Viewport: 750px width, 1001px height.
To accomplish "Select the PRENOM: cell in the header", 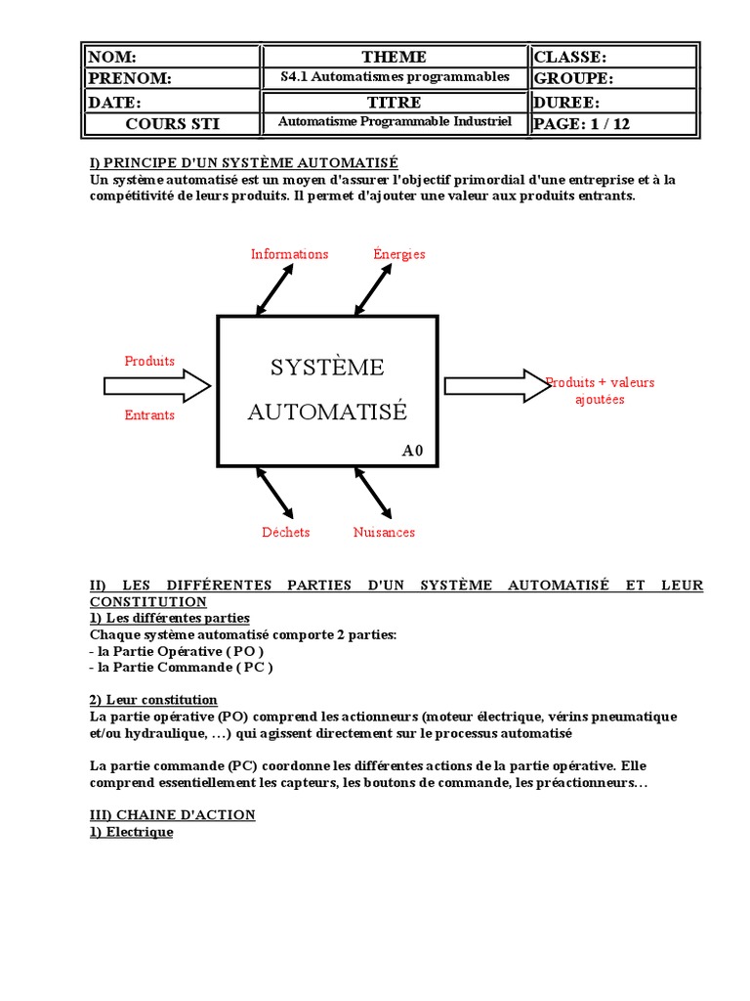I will pos(170,79).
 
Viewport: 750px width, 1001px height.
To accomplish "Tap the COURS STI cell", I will pos(170,123).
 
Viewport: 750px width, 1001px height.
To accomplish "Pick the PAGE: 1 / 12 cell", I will pos(613,123).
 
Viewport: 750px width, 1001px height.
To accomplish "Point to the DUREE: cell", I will pos(613,102).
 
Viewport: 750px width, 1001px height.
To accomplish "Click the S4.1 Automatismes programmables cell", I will pos(394,78).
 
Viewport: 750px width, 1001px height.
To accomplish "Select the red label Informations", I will pos(289,254).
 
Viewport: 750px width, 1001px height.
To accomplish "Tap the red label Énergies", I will pos(399,254).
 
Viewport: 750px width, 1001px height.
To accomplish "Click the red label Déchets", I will pos(285,533).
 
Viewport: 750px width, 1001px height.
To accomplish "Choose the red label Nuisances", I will pos(384,533).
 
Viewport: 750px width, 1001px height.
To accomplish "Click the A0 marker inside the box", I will pos(413,451).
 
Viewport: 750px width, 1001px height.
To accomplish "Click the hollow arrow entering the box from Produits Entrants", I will pos(157,386).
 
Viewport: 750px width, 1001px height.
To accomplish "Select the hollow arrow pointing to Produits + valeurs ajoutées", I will pos(497,385).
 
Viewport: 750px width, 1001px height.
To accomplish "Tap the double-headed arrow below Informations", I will pos(274,288).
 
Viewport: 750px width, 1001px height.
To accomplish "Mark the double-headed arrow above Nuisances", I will pos(373,493).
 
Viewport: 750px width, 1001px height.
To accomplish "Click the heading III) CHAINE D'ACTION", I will pos(173,814).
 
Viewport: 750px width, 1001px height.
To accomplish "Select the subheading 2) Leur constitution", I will pos(153,700).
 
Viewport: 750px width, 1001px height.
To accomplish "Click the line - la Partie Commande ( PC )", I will pos(181,668).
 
